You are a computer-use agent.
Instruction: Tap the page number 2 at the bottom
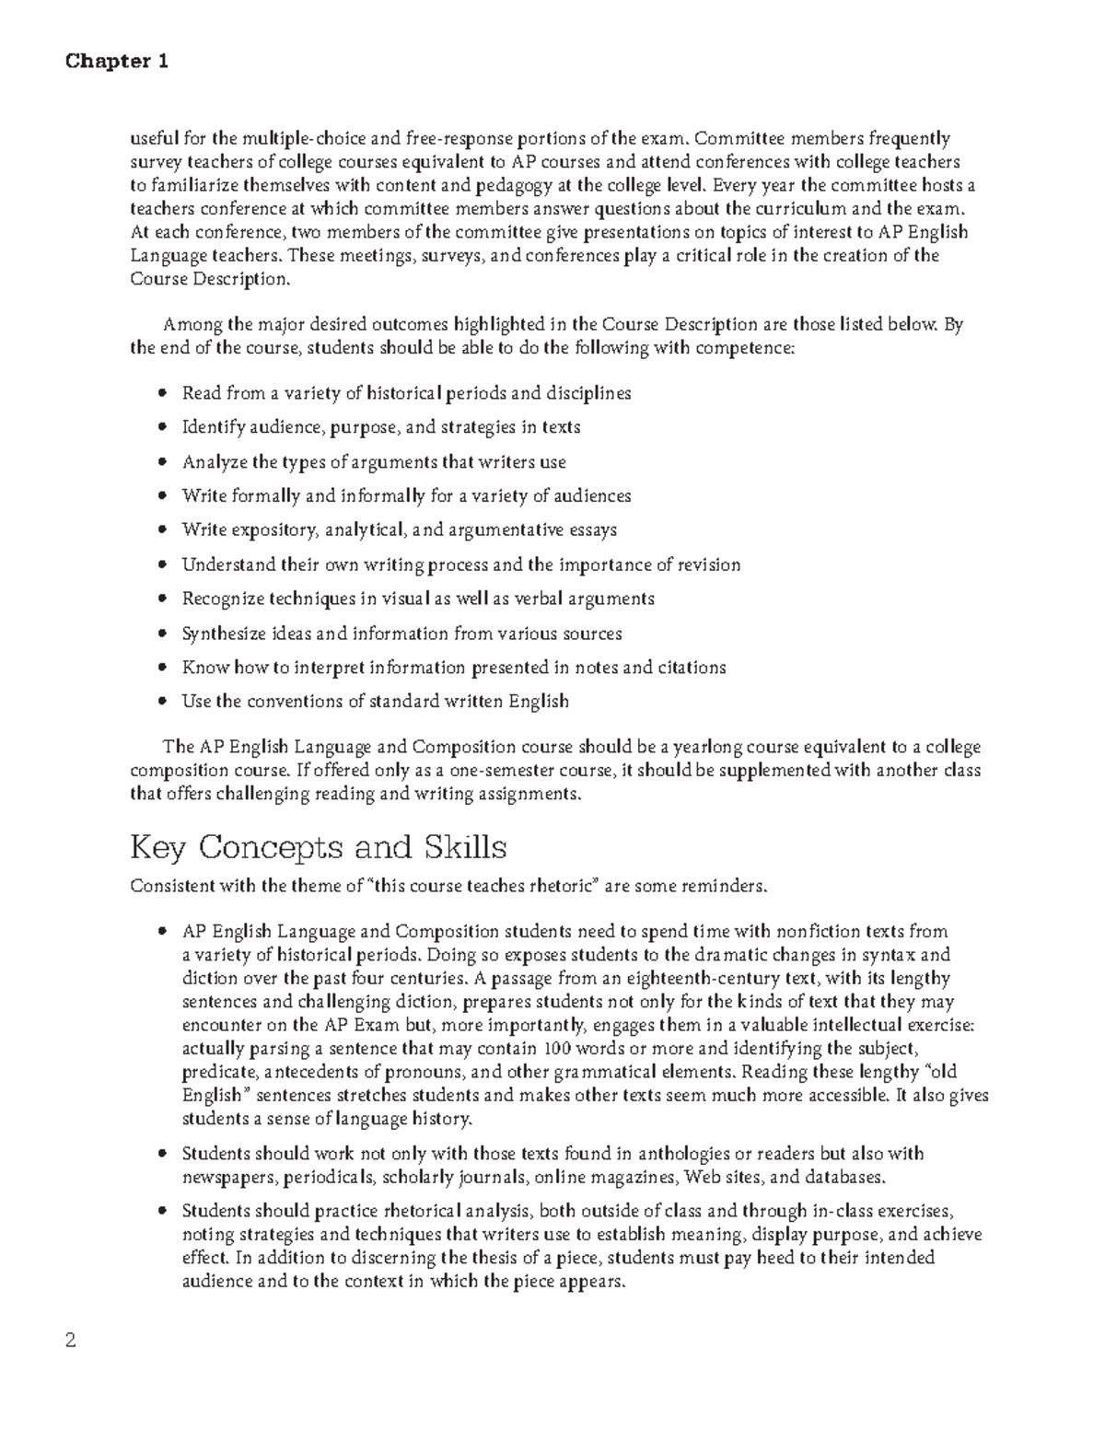(x=70, y=1340)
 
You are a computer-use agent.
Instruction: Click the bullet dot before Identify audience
(x=163, y=427)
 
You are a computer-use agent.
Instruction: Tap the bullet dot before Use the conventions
(x=163, y=702)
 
